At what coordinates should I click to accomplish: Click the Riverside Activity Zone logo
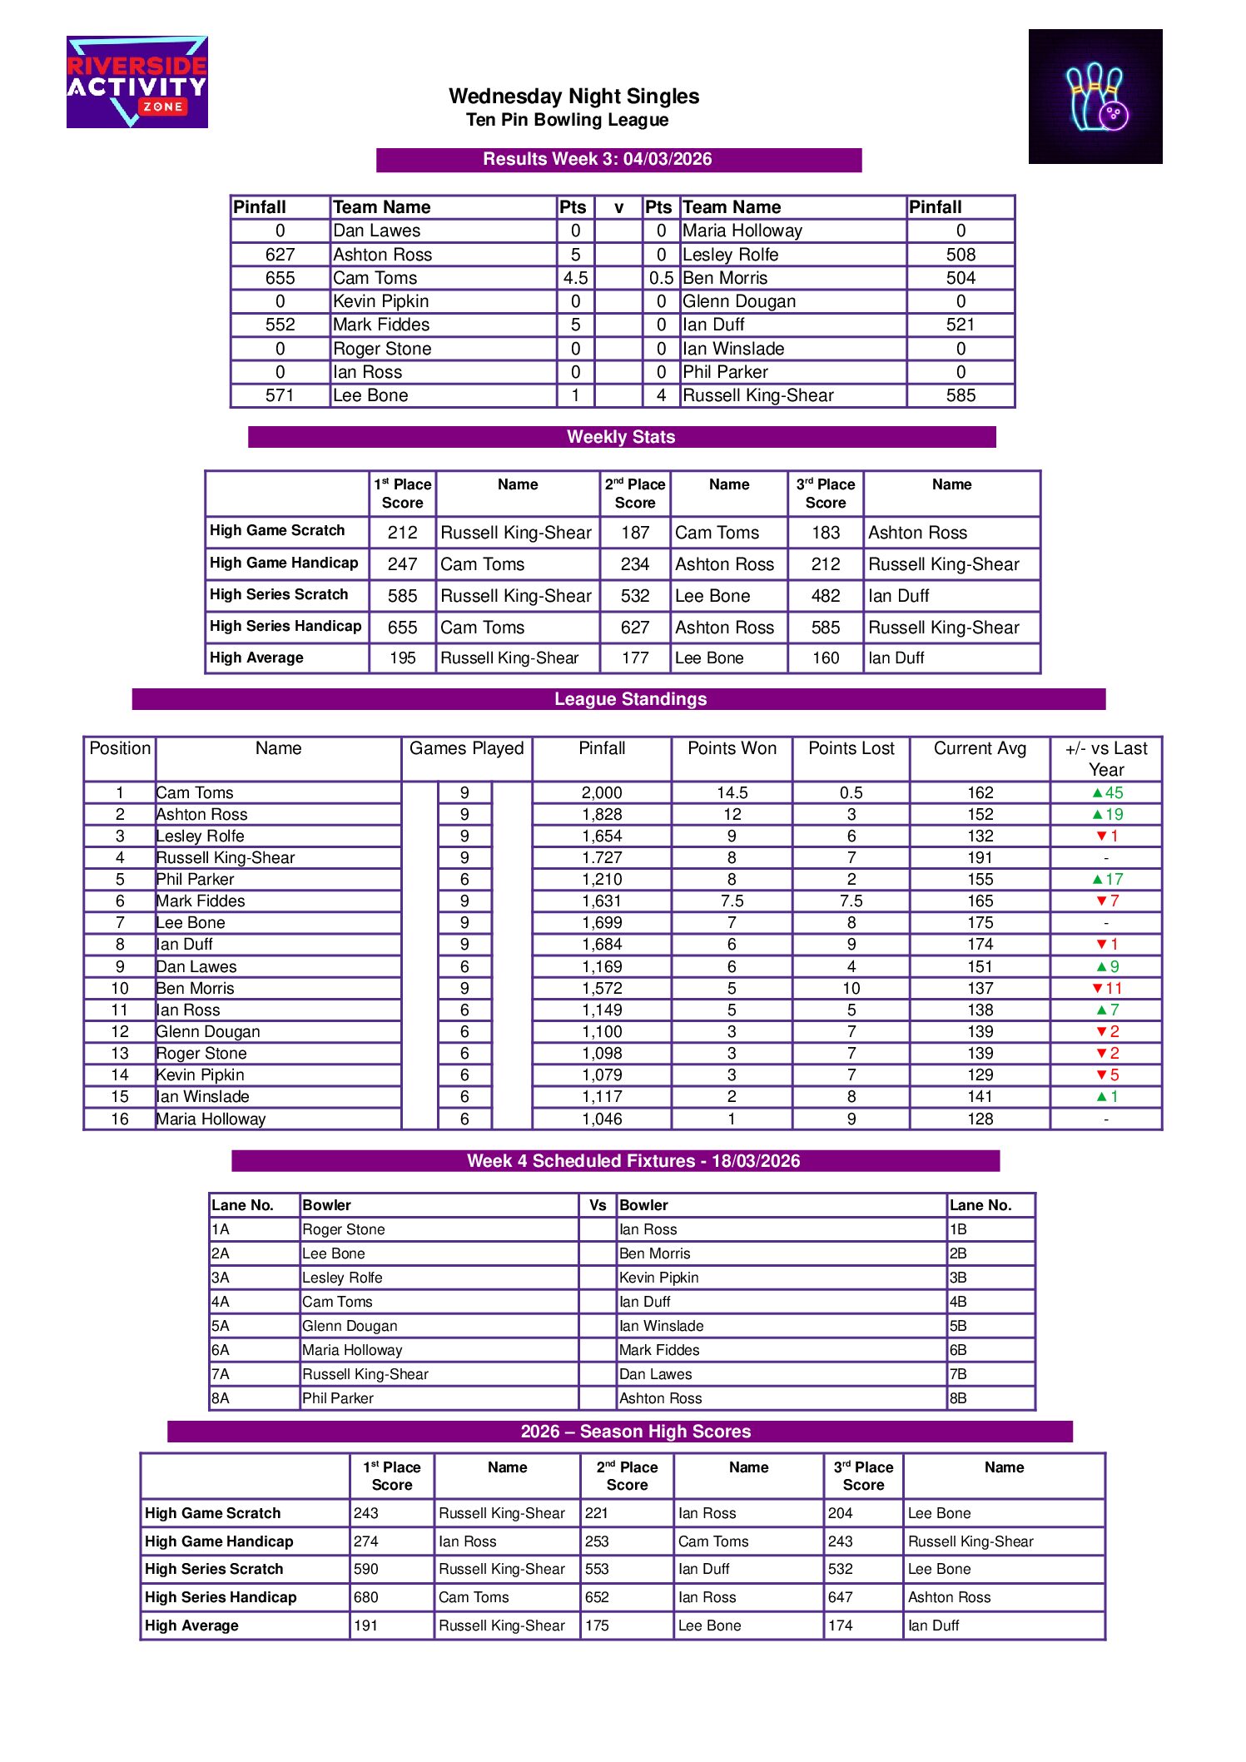point(137,82)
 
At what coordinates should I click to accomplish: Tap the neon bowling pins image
point(1095,97)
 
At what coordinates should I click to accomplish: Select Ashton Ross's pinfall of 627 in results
point(280,255)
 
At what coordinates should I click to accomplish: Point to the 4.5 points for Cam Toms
point(575,278)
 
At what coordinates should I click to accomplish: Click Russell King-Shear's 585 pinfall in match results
point(961,395)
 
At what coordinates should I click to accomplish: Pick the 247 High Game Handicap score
point(402,564)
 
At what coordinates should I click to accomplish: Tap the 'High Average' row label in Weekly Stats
point(256,658)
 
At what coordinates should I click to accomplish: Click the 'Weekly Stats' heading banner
point(621,437)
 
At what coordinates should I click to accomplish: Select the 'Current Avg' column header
point(980,748)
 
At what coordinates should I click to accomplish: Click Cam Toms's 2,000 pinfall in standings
point(602,792)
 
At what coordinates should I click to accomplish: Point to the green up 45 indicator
point(1107,792)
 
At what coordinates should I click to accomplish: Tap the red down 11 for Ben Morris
point(1107,988)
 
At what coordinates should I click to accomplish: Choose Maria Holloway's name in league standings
point(211,1119)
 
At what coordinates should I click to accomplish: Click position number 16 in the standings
point(120,1119)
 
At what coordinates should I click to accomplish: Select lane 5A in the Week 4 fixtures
point(221,1326)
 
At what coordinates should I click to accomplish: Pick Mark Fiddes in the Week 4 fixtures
point(659,1350)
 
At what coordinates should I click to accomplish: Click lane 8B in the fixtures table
point(958,1398)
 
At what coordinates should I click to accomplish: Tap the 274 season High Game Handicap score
point(366,1541)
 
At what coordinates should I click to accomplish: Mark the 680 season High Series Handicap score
point(366,1597)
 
